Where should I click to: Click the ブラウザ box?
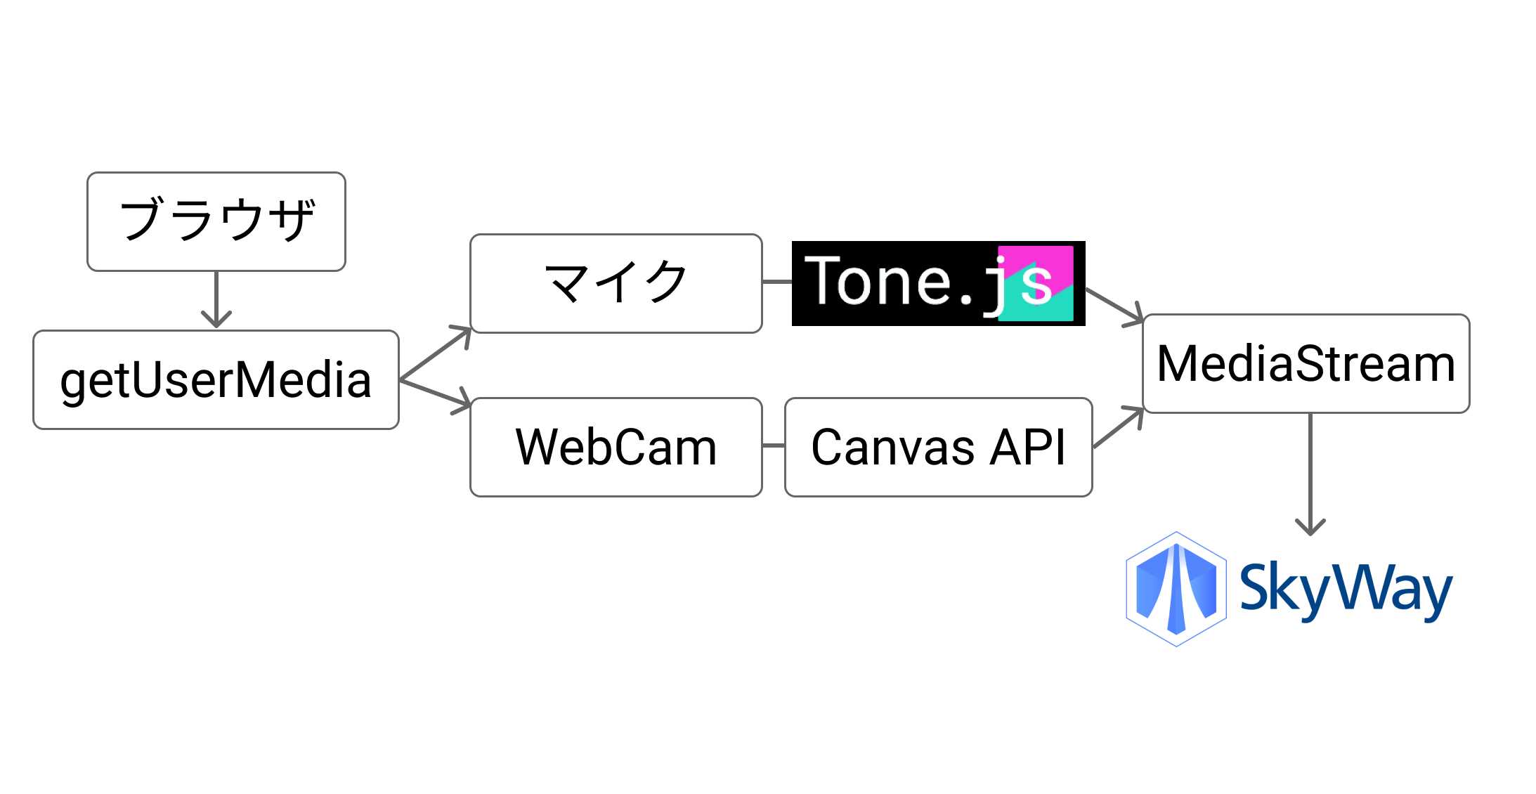216,221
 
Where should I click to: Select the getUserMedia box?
216,379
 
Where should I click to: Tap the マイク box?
616,283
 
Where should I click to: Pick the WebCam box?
616,447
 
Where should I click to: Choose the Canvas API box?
938,447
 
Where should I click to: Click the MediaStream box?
1306,363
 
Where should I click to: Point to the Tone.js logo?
938,283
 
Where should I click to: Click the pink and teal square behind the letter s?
1036,283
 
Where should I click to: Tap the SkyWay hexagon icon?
1176,589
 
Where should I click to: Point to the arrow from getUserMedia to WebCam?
435,393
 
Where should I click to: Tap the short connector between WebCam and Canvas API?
774,445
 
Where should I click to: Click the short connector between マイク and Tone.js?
777,282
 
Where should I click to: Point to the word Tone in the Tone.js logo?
878,281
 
